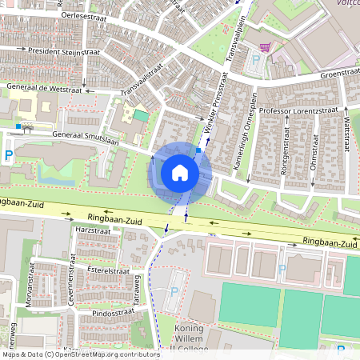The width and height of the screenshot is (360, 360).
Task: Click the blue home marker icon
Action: tap(180, 173)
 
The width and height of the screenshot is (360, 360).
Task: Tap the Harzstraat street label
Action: tap(91, 230)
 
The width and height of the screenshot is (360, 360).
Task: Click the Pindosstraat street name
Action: tap(115, 313)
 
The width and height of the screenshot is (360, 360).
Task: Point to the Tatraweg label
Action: tap(137, 289)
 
